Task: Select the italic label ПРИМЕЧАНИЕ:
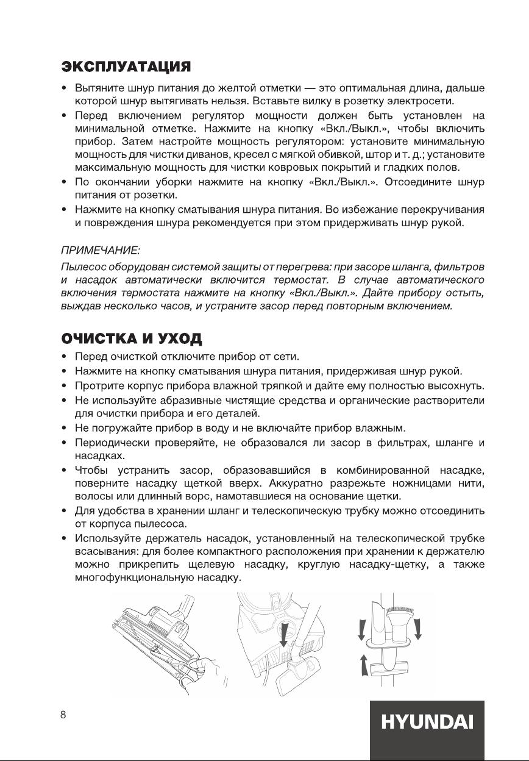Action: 101,250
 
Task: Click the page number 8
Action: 63,715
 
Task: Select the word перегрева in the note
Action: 307,266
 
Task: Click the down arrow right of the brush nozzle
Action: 419,628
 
